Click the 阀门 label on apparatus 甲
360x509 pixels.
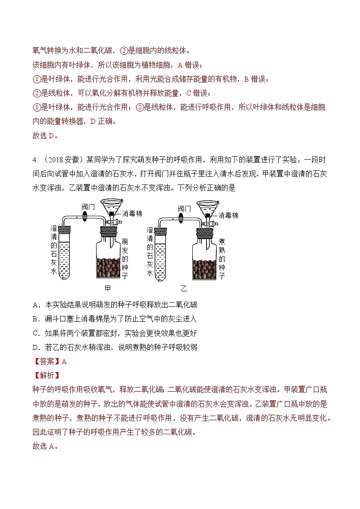(x=88, y=207)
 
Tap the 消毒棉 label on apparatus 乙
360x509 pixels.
(x=229, y=215)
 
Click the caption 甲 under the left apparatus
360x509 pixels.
(x=107, y=288)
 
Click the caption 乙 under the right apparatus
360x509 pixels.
(x=184, y=288)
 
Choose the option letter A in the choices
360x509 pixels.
(x=36, y=305)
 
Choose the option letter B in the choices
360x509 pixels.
(x=36, y=319)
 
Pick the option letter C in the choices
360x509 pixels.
(x=36, y=333)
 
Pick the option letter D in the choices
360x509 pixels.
(x=36, y=347)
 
